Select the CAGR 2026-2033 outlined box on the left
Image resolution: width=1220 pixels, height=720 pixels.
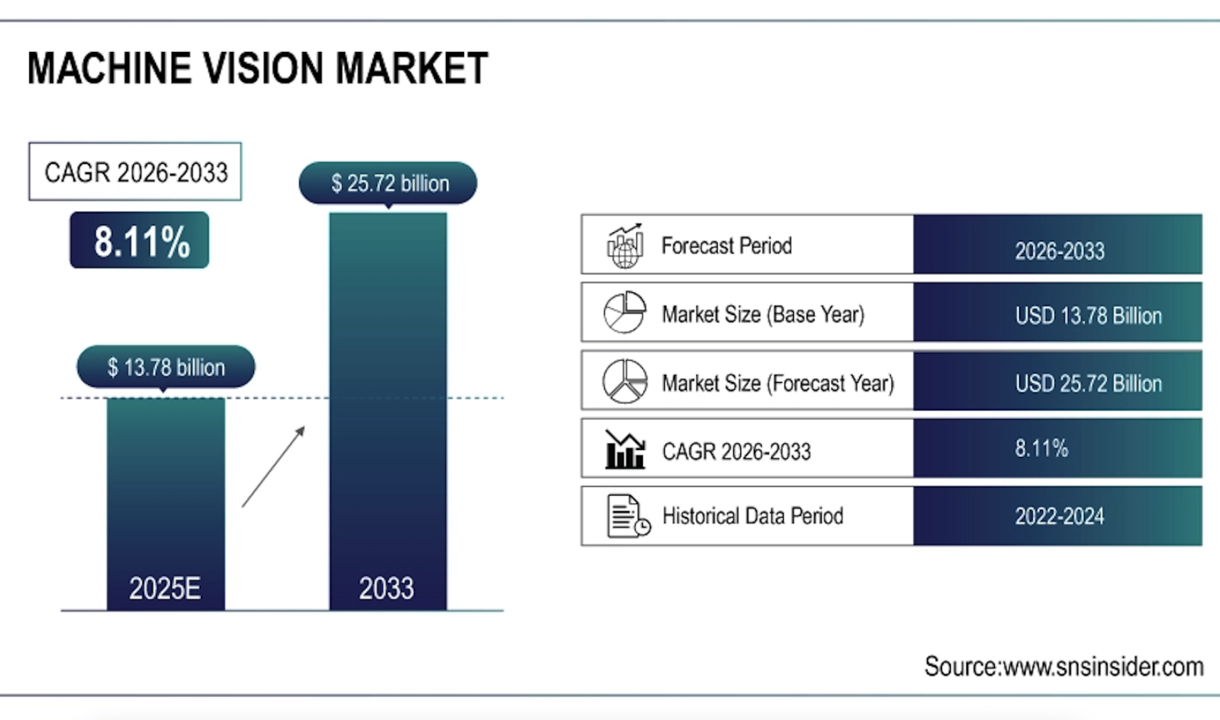(135, 172)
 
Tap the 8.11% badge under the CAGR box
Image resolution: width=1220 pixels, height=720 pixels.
(140, 241)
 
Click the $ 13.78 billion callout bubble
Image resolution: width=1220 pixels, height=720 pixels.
(166, 367)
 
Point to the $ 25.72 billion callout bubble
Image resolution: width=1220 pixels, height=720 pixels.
(389, 183)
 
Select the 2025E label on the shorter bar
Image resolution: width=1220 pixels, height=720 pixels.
(165, 589)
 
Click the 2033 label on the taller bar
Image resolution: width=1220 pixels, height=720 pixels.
(386, 589)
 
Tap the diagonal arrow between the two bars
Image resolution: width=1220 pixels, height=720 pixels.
(274, 467)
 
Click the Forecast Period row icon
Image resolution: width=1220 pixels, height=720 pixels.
(625, 245)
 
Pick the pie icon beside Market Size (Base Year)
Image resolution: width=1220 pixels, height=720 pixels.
(625, 312)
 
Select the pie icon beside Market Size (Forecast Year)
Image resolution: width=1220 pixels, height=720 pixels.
(625, 381)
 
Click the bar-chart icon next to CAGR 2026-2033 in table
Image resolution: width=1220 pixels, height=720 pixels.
(625, 450)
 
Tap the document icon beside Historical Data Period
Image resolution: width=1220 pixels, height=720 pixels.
(628, 515)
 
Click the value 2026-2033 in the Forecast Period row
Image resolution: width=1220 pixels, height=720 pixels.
(1060, 251)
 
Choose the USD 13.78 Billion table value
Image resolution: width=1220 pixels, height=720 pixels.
(1088, 316)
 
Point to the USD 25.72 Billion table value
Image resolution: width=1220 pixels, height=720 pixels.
(1088, 384)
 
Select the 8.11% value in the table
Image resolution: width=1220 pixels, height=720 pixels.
(1041, 448)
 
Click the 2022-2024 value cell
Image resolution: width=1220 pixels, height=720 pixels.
(1060, 516)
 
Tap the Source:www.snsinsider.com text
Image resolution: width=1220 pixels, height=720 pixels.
(1064, 667)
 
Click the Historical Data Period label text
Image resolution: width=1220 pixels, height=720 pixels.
(753, 515)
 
